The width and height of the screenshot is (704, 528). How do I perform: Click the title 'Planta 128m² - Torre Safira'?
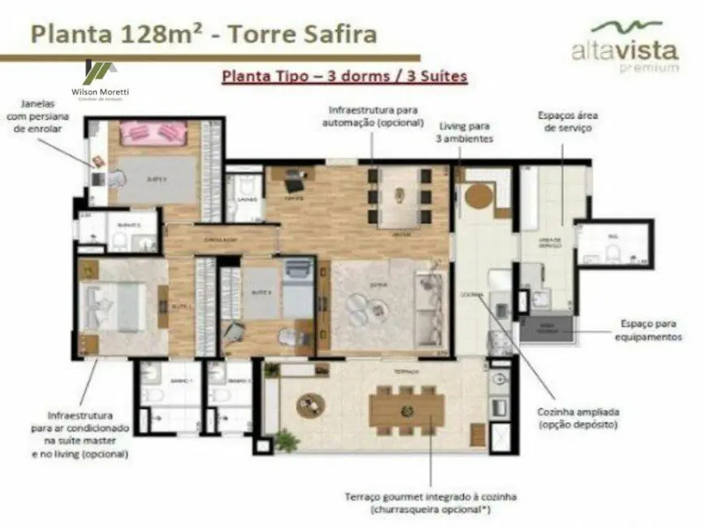pyautogui.click(x=204, y=34)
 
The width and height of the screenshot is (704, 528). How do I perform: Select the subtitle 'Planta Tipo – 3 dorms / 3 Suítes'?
pyautogui.click(x=343, y=77)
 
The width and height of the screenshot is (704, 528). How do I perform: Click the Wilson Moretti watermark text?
pyautogui.click(x=101, y=93)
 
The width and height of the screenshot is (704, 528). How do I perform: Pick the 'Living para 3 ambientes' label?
pyautogui.click(x=466, y=132)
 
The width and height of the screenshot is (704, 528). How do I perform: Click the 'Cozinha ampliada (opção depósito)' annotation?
pyautogui.click(x=577, y=418)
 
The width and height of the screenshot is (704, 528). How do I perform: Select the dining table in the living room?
pyautogui.click(x=400, y=196)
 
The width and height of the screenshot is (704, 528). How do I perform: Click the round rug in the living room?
pyautogui.click(x=358, y=306)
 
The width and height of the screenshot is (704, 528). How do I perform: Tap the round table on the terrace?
pyautogui.click(x=310, y=405)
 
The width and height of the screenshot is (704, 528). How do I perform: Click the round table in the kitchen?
pyautogui.click(x=477, y=197)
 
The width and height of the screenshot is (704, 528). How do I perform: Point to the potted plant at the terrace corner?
pyautogui.click(x=286, y=440)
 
